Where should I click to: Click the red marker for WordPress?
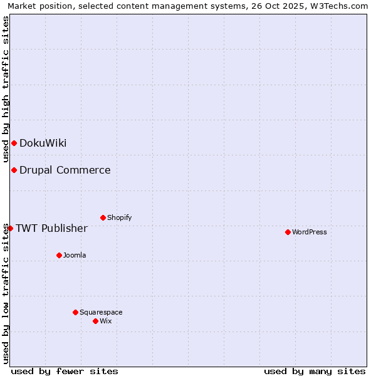click(x=288, y=232)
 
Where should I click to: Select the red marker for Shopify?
click(x=103, y=217)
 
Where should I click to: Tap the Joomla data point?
click(x=59, y=255)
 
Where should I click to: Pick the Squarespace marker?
click(x=75, y=312)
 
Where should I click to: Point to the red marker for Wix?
click(x=95, y=321)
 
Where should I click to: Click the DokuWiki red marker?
click(x=14, y=143)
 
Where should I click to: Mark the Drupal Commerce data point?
click(x=14, y=170)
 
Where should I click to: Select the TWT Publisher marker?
click(x=10, y=228)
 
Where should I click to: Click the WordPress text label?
click(x=310, y=232)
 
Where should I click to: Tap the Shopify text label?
click(x=119, y=217)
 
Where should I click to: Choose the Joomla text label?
click(x=75, y=255)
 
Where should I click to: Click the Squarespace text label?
click(x=101, y=312)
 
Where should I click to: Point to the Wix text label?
click(x=105, y=321)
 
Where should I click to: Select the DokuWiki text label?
click(x=43, y=143)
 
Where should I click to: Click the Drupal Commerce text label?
click(x=65, y=170)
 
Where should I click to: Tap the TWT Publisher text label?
click(x=51, y=228)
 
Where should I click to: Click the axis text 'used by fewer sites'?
click(x=65, y=371)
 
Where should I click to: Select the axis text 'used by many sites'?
click(x=315, y=371)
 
